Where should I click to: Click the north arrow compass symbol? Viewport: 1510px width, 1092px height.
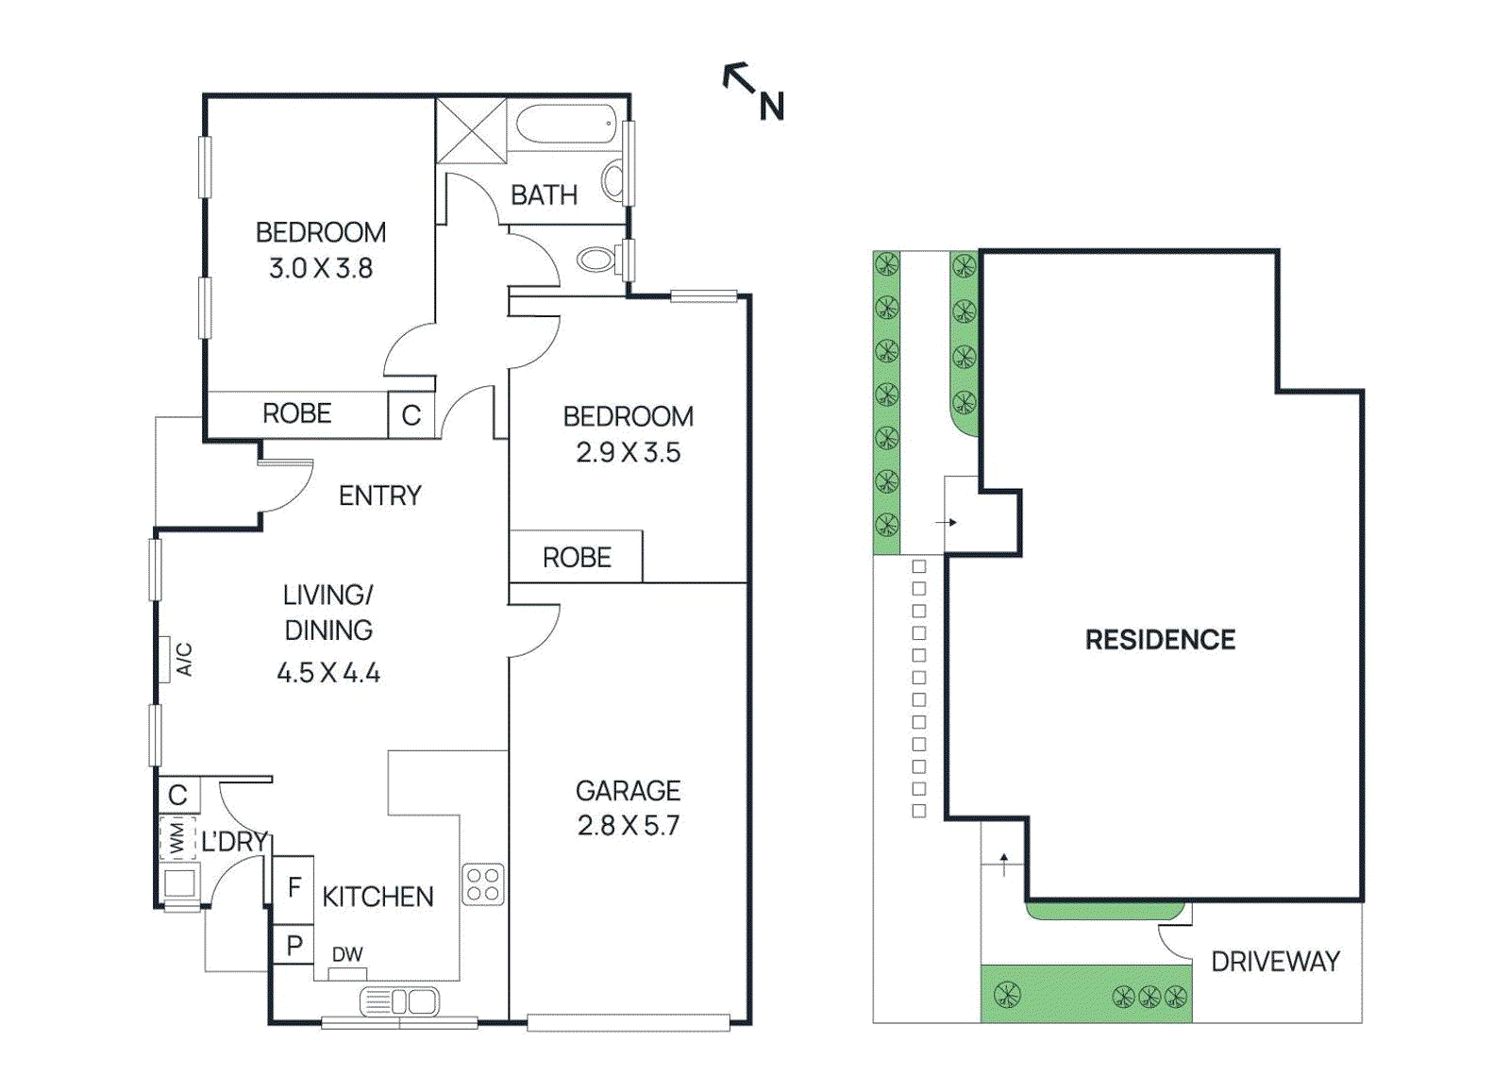752,91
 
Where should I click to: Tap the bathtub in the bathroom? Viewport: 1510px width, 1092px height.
565,125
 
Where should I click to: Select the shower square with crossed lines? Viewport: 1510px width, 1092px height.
471,131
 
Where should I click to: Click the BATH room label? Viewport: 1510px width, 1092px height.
544,195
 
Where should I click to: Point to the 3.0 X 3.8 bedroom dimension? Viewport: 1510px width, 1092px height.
321,269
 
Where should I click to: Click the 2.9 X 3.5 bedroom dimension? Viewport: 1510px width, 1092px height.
628,453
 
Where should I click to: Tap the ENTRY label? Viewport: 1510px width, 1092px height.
379,496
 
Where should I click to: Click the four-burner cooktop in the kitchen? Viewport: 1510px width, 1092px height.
483,885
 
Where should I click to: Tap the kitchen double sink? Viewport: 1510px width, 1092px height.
399,1001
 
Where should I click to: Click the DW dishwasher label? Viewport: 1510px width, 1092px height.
347,955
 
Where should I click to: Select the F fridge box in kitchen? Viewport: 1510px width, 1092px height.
294,887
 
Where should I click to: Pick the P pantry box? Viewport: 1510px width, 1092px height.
294,946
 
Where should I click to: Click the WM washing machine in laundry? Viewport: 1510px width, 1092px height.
176,838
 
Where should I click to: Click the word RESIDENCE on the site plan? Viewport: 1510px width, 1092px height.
1160,640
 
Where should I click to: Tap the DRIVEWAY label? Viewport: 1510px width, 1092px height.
1275,962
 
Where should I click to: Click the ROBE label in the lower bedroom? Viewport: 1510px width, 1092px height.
577,558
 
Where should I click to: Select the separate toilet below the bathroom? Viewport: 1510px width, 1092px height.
596,258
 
